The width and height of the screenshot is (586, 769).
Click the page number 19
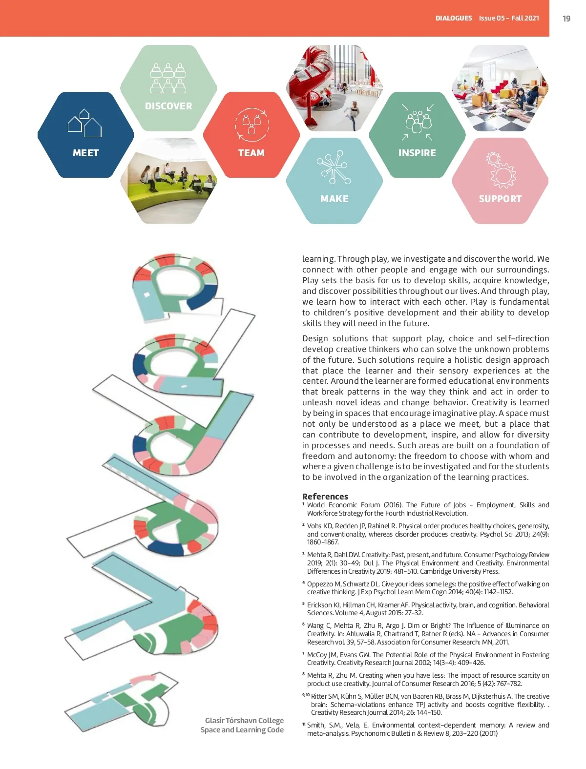(566, 19)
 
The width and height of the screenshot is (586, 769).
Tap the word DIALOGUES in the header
(454, 18)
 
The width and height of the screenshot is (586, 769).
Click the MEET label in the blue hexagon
(86, 153)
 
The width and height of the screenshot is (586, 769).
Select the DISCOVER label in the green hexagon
(168, 106)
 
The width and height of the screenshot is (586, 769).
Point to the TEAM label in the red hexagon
(251, 153)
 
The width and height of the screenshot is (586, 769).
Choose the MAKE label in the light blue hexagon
(335, 199)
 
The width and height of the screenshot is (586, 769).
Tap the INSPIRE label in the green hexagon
(417, 153)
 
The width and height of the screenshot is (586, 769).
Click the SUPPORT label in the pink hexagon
(500, 199)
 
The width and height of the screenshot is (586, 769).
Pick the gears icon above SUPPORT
(501, 170)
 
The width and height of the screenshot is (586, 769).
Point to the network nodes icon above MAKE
(334, 167)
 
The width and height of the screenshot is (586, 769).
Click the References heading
(325, 496)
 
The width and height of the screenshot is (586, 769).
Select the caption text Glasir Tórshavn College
(244, 720)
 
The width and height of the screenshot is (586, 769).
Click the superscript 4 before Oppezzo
(303, 582)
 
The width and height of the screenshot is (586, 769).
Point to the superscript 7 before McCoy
(303, 653)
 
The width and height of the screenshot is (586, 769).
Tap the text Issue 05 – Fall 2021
(509, 18)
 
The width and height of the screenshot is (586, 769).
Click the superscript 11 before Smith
(303, 724)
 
